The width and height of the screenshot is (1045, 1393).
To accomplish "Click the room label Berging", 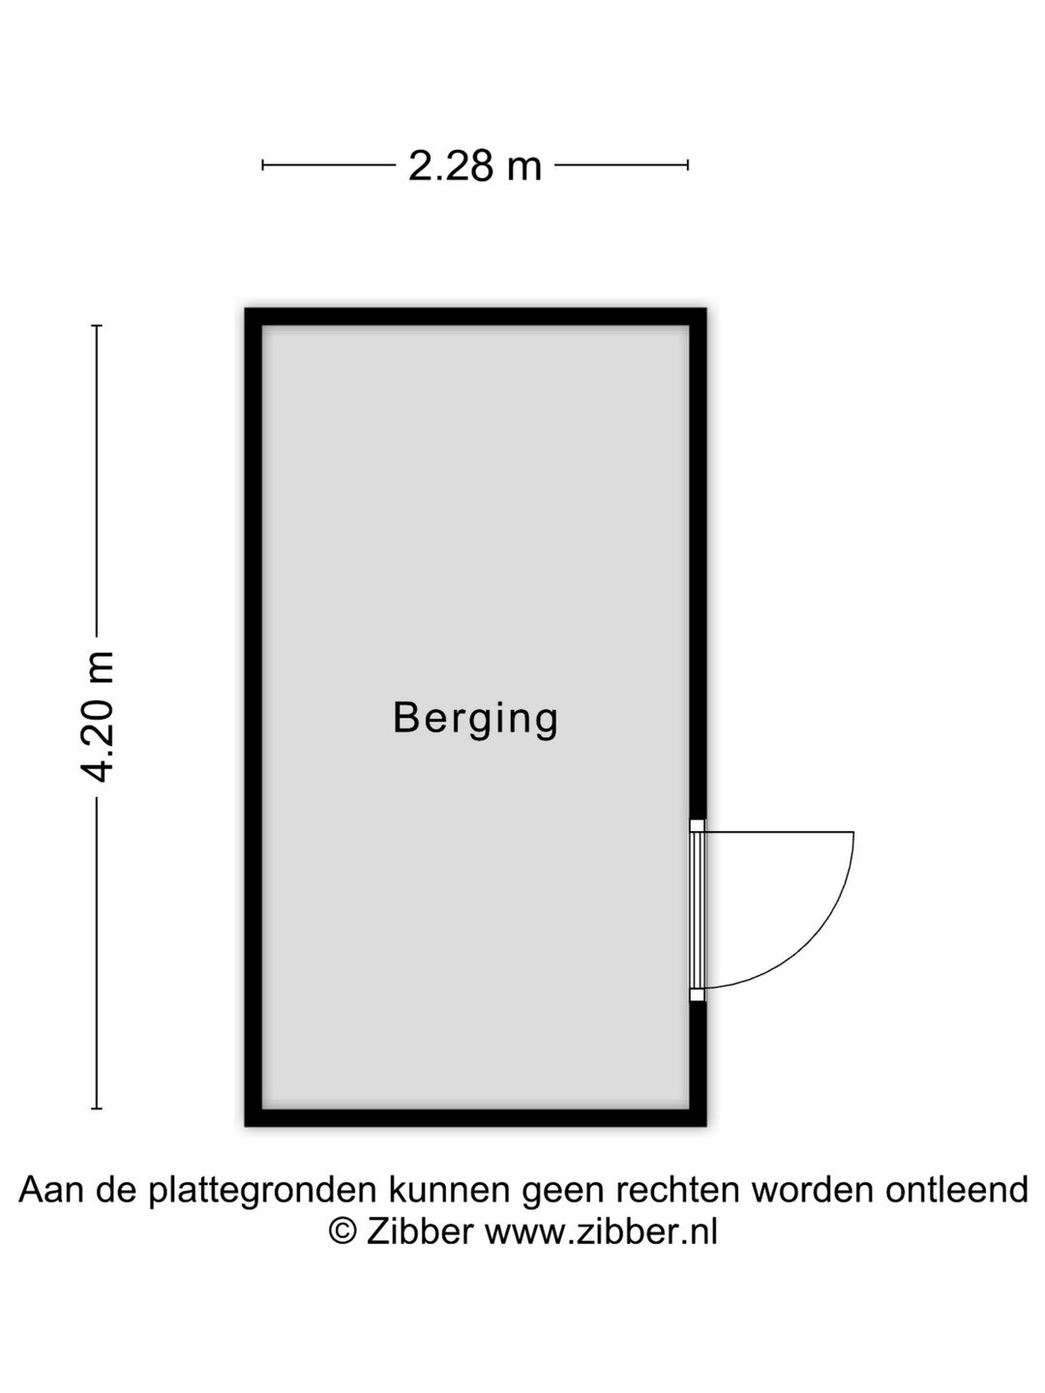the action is point(475,720).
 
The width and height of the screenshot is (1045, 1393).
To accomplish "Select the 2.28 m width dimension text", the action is point(474,165).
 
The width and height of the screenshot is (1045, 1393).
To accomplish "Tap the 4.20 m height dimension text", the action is point(97,717).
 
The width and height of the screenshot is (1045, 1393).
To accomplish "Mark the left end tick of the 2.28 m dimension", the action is point(262,165).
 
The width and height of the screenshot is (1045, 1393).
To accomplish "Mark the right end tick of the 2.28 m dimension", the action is point(688,165).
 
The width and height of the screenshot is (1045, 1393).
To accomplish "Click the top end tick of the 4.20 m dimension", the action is point(97,326).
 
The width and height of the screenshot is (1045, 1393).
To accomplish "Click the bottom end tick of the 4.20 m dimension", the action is point(97,1109).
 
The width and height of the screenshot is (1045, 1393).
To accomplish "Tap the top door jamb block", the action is point(698,826).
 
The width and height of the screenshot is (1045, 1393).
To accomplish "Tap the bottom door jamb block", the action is point(698,994).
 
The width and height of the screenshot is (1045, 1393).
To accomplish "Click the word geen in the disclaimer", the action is point(562,1209).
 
